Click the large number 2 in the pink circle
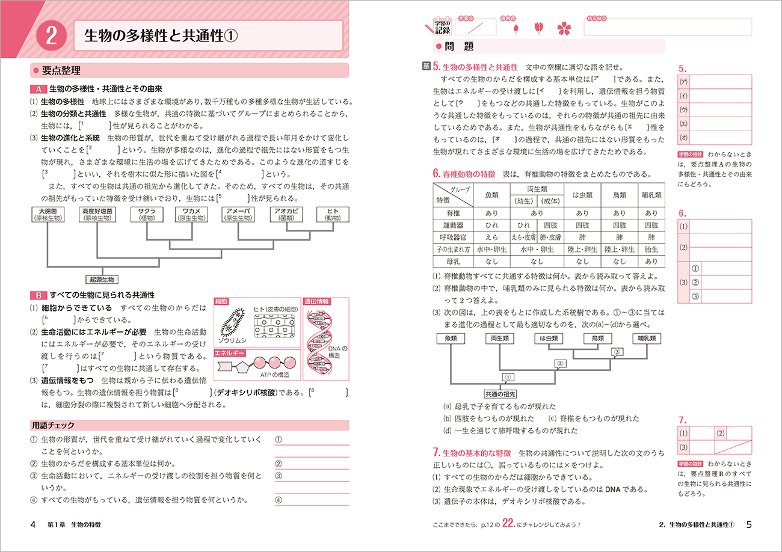(x=51, y=35)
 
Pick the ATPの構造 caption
(x=274, y=375)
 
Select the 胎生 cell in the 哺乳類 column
(x=651, y=250)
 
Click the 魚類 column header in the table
(x=488, y=195)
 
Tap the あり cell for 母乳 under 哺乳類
(x=651, y=262)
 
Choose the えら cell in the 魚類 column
(x=488, y=237)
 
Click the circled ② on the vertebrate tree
(x=560, y=363)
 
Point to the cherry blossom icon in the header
(x=565, y=28)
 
